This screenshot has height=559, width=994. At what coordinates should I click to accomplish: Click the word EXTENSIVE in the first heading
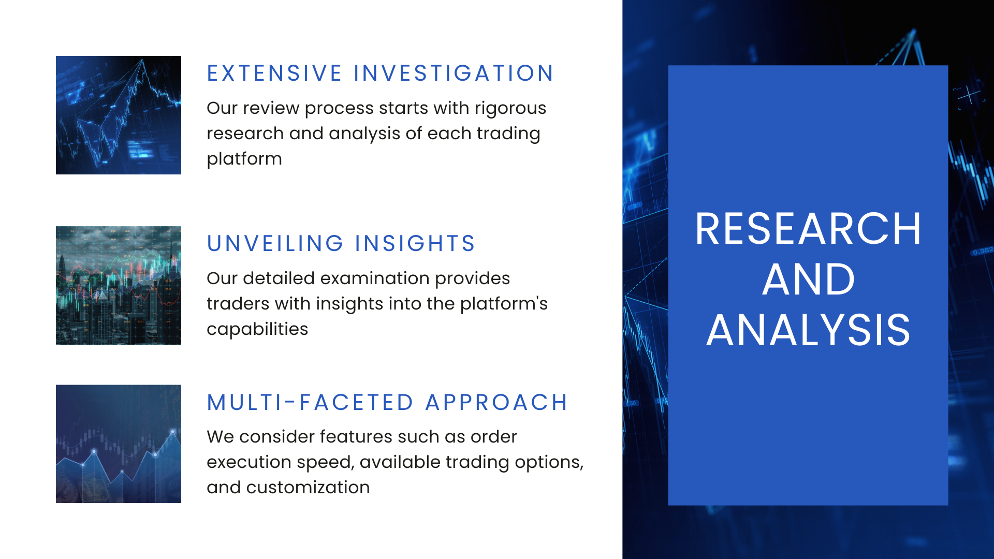[274, 73]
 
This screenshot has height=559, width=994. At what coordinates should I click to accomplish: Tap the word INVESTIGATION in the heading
[454, 73]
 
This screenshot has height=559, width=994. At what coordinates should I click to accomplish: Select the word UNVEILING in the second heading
[275, 244]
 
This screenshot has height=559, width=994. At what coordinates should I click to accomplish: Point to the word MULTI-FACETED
[310, 403]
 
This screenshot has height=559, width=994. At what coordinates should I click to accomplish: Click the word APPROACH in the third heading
[496, 403]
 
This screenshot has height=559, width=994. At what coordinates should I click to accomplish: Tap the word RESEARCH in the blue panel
[808, 229]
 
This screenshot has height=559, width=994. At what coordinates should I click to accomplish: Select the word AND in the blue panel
[808, 279]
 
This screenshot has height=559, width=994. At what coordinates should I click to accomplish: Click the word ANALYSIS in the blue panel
[808, 330]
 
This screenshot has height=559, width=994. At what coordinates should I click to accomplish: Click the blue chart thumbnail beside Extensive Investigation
[119, 115]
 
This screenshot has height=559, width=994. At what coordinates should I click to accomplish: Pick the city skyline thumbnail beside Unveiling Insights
[119, 285]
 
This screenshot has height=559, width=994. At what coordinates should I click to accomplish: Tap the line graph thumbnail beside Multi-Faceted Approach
[119, 444]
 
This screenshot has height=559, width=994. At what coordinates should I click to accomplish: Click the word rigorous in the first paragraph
[510, 108]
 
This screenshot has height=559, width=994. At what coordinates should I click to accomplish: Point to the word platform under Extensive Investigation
[244, 159]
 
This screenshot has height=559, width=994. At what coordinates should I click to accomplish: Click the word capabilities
[257, 329]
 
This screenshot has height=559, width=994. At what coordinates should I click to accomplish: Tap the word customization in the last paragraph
[308, 488]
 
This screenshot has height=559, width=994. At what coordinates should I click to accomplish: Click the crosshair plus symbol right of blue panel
[968, 95]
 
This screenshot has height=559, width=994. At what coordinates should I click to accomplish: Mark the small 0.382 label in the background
[983, 252]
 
